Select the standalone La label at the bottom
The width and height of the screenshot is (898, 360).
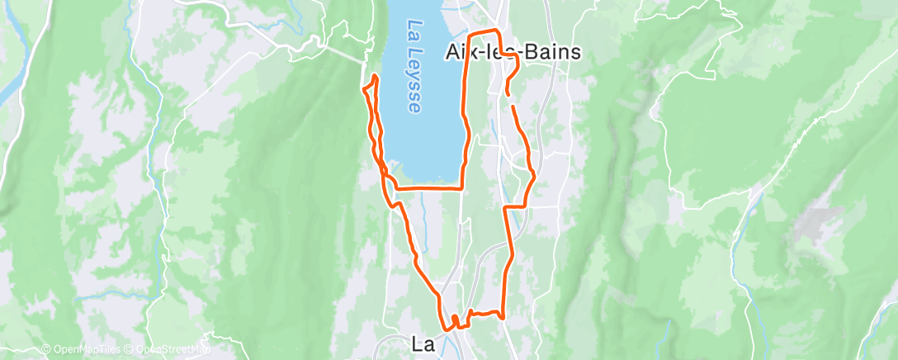point(423,343)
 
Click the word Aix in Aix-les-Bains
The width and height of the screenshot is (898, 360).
point(463,52)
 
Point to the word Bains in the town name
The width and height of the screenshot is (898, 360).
point(554,52)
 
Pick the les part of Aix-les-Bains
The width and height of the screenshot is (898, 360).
point(505,52)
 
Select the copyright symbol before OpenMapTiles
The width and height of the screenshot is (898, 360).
point(35,350)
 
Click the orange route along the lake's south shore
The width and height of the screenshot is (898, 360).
point(429,189)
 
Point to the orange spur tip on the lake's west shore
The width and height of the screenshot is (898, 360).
point(376,77)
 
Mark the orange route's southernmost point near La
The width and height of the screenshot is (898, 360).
point(448,329)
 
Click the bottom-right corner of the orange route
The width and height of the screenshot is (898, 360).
point(502,316)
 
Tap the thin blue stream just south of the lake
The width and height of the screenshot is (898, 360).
point(422,223)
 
